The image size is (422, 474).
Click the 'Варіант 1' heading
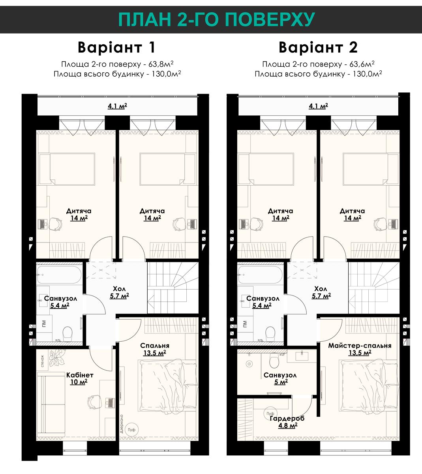point(116,47)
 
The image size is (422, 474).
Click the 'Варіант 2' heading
point(318,47)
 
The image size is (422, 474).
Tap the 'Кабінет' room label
point(80,375)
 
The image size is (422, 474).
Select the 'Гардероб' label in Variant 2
point(287,418)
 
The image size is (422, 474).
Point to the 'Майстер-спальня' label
point(360,346)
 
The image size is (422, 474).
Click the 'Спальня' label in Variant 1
point(155,346)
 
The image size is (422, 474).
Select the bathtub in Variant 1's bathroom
point(59,275)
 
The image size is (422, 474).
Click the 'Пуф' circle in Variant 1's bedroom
point(131,430)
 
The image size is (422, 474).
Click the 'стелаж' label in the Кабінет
point(43,361)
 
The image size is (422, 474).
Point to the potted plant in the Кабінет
point(57,357)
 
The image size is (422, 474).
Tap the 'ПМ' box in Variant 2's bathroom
point(245,324)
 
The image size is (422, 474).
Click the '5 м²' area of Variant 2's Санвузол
point(281,382)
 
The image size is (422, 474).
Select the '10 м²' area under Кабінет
point(79,382)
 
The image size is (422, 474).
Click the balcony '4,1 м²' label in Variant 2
point(318,106)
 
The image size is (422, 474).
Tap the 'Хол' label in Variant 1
point(119,288)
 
